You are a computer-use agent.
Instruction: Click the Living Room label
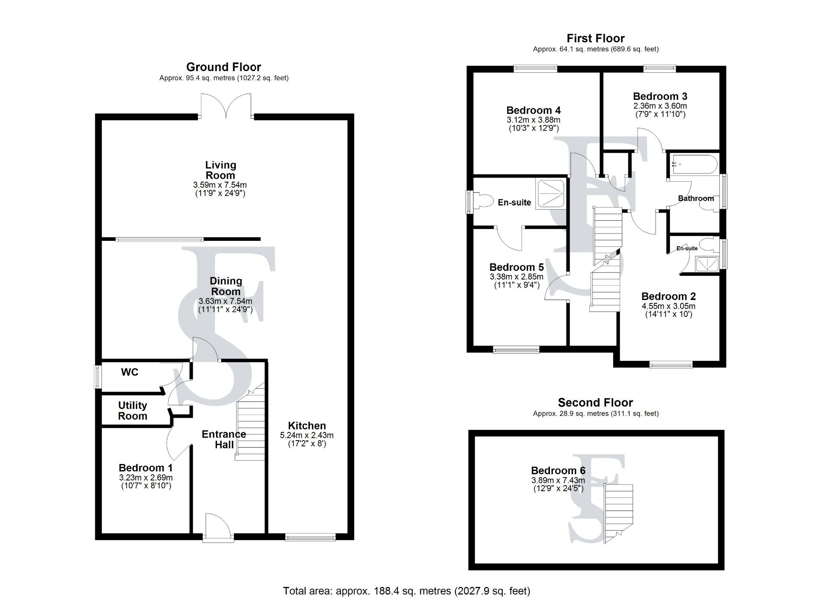click(221, 170)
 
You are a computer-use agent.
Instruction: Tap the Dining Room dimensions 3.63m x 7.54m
click(225, 301)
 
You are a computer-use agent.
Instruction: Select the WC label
click(129, 372)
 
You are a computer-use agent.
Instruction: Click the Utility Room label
click(132, 411)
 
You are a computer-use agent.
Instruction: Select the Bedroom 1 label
click(145, 468)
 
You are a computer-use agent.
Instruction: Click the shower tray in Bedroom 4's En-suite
click(550, 194)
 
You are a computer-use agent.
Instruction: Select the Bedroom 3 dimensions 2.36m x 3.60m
click(660, 106)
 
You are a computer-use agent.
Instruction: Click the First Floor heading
click(596, 39)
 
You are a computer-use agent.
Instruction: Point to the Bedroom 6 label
click(558, 471)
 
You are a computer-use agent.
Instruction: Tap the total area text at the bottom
click(406, 591)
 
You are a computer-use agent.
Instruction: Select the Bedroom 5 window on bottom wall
click(516, 350)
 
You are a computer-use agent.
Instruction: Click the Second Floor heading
click(595, 403)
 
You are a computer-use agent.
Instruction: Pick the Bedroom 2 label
click(668, 296)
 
